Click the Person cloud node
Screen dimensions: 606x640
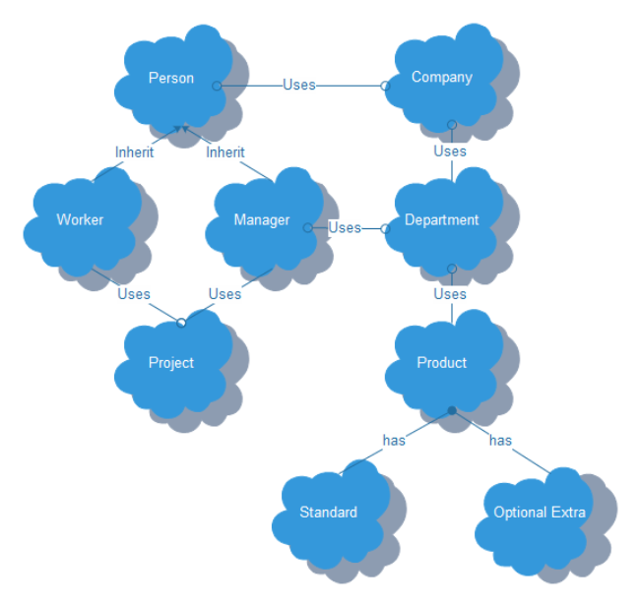(x=170, y=79)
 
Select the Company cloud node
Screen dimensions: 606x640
(x=442, y=78)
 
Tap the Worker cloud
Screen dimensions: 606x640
(x=80, y=220)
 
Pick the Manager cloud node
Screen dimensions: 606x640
(x=262, y=220)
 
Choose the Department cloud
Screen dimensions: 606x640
(x=442, y=220)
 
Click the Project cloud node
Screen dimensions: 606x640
(x=171, y=363)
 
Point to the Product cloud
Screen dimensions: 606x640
(x=442, y=363)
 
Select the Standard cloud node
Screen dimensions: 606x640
(x=329, y=513)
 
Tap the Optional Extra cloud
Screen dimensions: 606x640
(x=540, y=513)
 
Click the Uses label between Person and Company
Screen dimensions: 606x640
(x=299, y=85)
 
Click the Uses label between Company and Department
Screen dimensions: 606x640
(x=450, y=151)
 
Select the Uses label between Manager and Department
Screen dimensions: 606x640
(x=345, y=228)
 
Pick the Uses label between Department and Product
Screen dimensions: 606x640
(x=450, y=294)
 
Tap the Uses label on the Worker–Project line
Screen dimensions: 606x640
(x=134, y=294)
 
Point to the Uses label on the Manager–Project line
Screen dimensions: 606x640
(x=224, y=294)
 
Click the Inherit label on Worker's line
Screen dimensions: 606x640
(x=135, y=152)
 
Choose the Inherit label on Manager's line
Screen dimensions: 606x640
(x=225, y=152)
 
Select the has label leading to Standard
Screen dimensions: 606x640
(x=394, y=441)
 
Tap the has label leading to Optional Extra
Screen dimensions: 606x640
(x=500, y=441)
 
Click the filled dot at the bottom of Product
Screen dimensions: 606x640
(x=451, y=410)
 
